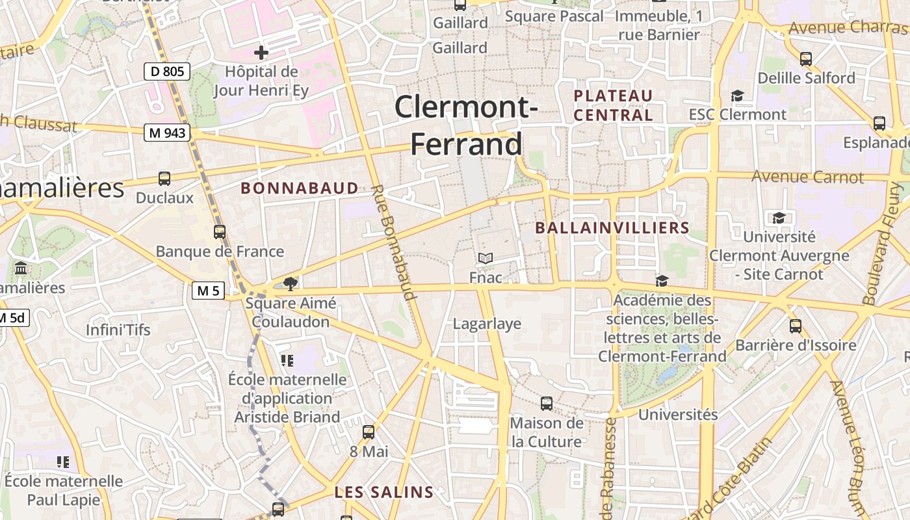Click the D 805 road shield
click(x=167, y=71)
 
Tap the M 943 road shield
click(x=168, y=133)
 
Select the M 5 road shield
click(x=208, y=291)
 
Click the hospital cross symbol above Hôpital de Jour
click(x=261, y=52)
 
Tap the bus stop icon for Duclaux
click(x=164, y=178)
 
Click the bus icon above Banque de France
click(x=220, y=231)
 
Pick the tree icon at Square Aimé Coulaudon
click(x=291, y=283)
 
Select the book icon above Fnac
click(x=486, y=258)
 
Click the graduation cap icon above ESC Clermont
click(x=737, y=96)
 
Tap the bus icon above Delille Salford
click(x=806, y=58)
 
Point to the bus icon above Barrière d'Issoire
click(x=795, y=326)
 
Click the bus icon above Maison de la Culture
click(x=547, y=403)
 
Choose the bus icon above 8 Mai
click(x=369, y=432)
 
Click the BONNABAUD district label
click(x=300, y=188)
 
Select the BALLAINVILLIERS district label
click(x=612, y=228)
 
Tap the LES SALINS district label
click(x=383, y=493)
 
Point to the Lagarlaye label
click(x=487, y=324)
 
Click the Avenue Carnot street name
click(x=808, y=177)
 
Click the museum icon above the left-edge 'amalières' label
click(x=20, y=268)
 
